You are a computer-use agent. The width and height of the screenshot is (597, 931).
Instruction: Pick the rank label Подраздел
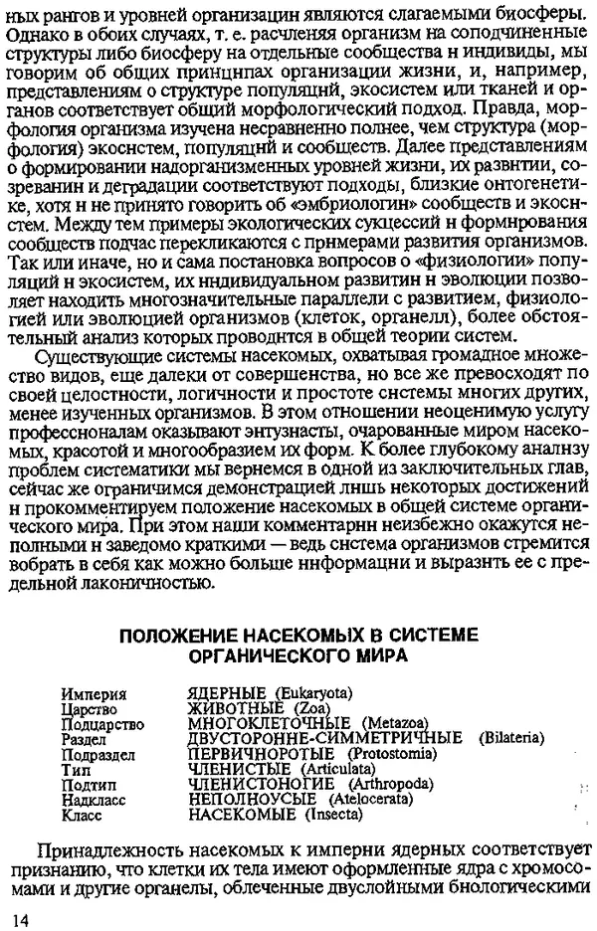pyautogui.click(x=97, y=753)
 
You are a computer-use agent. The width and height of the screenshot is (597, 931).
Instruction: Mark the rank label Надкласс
pyautogui.click(x=94, y=799)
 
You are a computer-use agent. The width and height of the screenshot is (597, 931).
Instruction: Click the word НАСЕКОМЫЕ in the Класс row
pyautogui.click(x=242, y=815)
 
